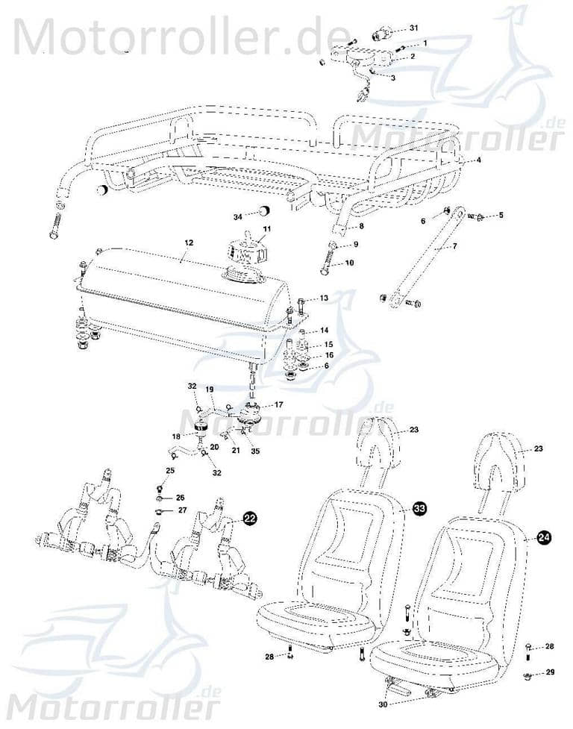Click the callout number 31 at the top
pyautogui.click(x=413, y=27)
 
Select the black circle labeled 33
pyautogui.click(x=420, y=508)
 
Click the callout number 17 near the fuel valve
pyautogui.click(x=279, y=405)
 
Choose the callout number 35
pyautogui.click(x=256, y=451)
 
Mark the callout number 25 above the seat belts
pyautogui.click(x=170, y=470)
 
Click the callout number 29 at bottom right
pyautogui.click(x=551, y=672)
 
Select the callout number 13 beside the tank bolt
pyautogui.click(x=323, y=298)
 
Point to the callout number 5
pyautogui.click(x=501, y=215)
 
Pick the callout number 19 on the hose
pyautogui.click(x=209, y=389)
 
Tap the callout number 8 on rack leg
pyautogui.click(x=361, y=225)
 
